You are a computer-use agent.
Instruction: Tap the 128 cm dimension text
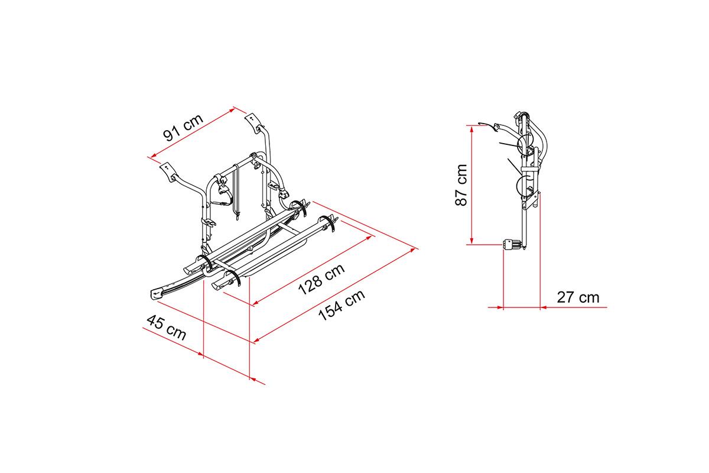click(321, 279)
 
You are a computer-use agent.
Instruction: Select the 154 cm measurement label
click(342, 305)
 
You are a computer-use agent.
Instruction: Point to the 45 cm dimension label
click(167, 328)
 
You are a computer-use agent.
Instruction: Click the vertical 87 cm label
click(461, 185)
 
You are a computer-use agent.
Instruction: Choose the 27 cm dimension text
click(578, 297)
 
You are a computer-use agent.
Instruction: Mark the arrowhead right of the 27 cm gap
click(544, 307)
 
